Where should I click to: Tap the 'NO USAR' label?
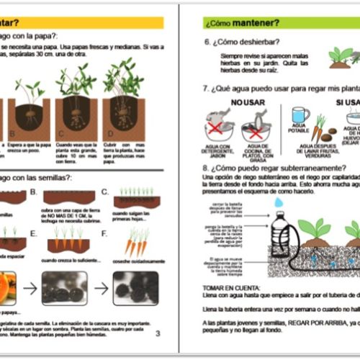pos(247,102)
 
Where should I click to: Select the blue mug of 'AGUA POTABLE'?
pos(300,116)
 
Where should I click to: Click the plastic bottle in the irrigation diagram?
pos(283,237)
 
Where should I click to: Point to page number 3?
pos(158,333)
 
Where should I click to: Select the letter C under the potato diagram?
pos(61,135)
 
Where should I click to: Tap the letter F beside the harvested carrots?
pos(104,233)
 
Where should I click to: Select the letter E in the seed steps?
pos(33,233)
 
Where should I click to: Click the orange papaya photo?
pos(8,286)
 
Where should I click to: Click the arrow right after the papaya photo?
pos(30,287)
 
